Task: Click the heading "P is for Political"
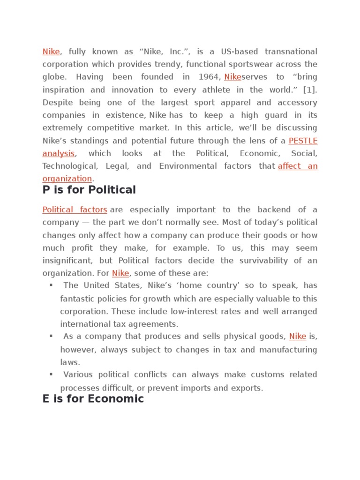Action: click(89, 190)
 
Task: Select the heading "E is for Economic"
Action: click(93, 399)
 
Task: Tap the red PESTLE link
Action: click(303, 141)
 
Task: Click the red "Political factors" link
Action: click(75, 210)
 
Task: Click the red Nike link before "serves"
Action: click(232, 77)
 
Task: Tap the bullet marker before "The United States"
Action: click(51, 285)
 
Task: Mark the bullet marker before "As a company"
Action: click(51, 336)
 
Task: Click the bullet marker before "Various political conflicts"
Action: click(51, 374)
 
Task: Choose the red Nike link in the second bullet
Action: click(298, 336)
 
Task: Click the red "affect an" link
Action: click(297, 166)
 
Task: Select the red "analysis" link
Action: click(58, 153)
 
